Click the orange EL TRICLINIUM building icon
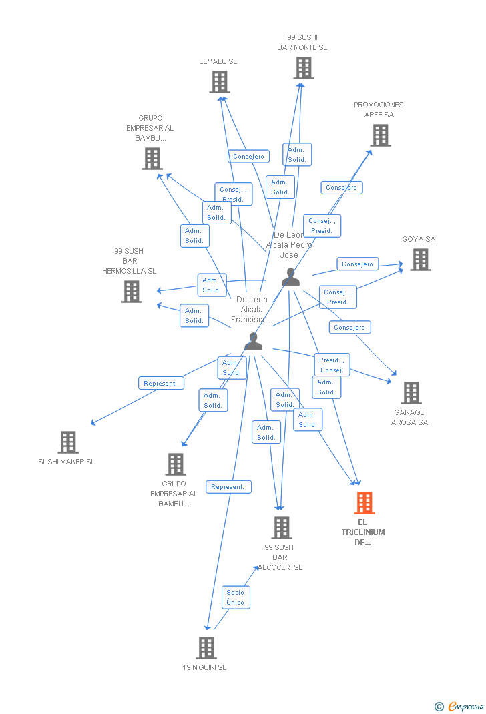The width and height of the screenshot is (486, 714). pos(364,503)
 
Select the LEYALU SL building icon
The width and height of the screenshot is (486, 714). pos(219,82)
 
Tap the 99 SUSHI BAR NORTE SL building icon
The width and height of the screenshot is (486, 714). pos(303,68)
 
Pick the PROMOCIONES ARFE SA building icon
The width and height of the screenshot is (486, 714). pos(380,135)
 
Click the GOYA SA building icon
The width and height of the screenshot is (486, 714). pos(420,260)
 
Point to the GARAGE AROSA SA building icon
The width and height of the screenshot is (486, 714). pos(411,393)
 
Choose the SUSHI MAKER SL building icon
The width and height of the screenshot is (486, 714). pos(67,442)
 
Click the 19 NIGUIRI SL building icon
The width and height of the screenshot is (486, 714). pos(206,647)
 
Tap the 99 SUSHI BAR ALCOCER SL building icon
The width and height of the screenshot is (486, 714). pos(281,528)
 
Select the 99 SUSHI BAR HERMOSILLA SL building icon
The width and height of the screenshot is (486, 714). pos(132,292)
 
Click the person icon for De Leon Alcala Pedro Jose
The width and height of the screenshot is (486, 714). pos(290,276)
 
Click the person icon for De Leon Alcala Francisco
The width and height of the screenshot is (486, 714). pos(253,341)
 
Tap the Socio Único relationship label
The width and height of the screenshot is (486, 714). pos(235,597)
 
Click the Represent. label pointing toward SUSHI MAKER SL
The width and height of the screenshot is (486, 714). pos(161,383)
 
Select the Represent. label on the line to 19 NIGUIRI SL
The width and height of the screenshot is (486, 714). pos(228,487)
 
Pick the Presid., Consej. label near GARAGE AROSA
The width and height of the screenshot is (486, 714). pos(332,365)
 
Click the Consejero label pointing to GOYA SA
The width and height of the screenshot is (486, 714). pos(357,264)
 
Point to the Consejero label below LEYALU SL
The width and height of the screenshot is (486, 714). pos(248,157)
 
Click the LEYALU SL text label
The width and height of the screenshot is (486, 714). pos(218,61)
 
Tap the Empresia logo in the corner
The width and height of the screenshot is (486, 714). pos(460,706)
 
